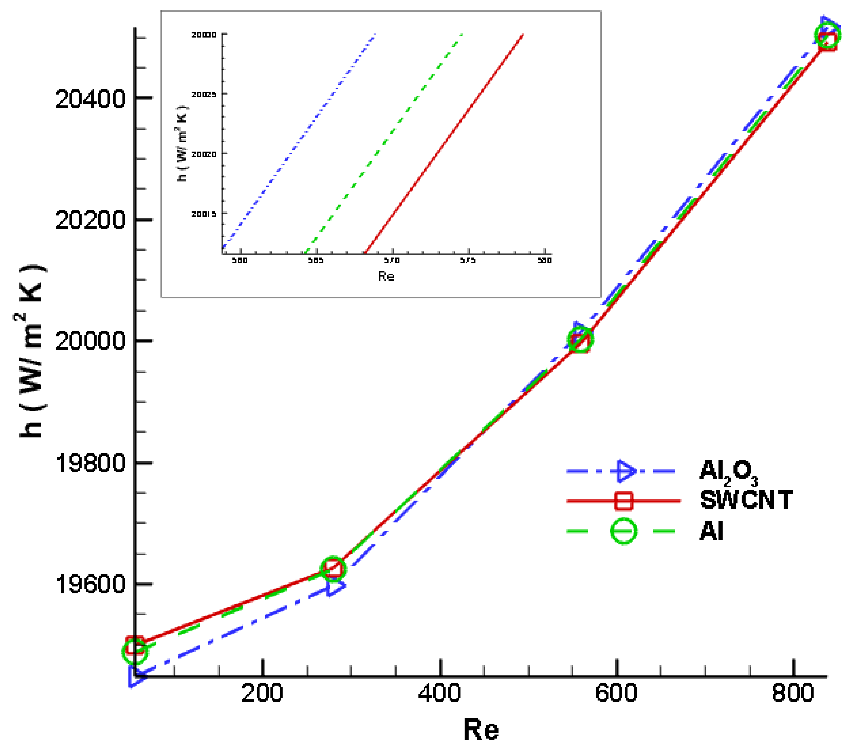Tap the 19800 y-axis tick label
(90, 463)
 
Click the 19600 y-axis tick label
(90, 584)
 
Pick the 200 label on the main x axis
(262, 693)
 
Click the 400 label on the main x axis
(439, 693)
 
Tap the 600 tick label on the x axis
(616, 693)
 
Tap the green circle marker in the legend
(623, 531)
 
